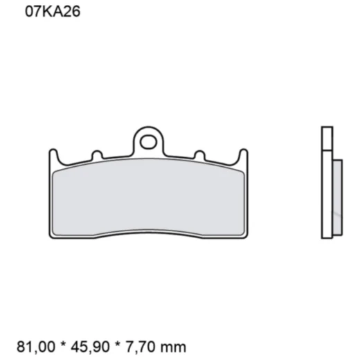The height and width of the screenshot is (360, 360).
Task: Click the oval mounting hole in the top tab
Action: tap(147, 143)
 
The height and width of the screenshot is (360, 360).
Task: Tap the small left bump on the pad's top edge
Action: tap(97, 154)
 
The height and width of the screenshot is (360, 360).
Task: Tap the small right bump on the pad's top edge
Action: tap(199, 154)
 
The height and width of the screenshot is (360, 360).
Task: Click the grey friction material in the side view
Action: tap(337, 196)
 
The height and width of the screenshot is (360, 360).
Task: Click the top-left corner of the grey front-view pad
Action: tap(55, 170)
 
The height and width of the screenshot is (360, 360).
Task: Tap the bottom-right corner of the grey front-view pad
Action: tap(240, 231)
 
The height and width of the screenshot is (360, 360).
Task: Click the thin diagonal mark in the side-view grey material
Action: tap(338, 216)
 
